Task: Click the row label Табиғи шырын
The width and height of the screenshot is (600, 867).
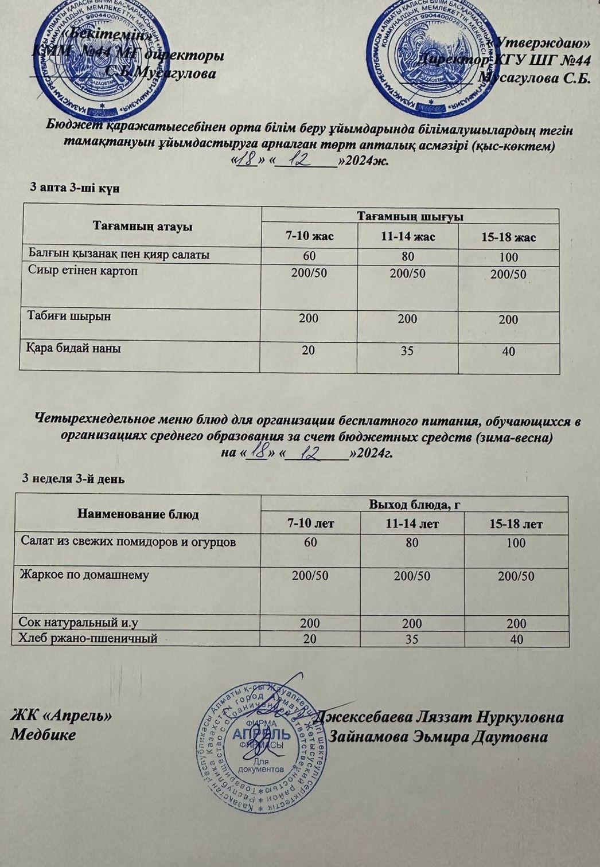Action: click(69, 317)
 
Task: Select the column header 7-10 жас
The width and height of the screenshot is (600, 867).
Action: click(310, 236)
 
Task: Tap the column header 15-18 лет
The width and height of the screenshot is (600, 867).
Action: click(516, 524)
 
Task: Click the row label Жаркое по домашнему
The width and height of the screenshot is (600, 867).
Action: click(84, 575)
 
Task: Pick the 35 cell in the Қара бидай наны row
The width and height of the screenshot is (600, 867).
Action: click(407, 350)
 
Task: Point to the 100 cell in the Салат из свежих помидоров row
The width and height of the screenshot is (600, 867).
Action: click(516, 542)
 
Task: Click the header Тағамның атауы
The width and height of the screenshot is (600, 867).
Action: click(142, 226)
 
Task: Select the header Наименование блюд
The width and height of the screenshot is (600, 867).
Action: click(138, 514)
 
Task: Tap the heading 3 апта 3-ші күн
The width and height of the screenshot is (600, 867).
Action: click(75, 188)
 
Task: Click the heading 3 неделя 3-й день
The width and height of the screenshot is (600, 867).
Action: click(73, 478)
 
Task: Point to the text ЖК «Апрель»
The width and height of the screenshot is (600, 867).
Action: click(61, 716)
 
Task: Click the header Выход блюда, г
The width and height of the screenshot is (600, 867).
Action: click(416, 505)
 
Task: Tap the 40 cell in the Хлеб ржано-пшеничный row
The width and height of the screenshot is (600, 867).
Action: click(516, 639)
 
